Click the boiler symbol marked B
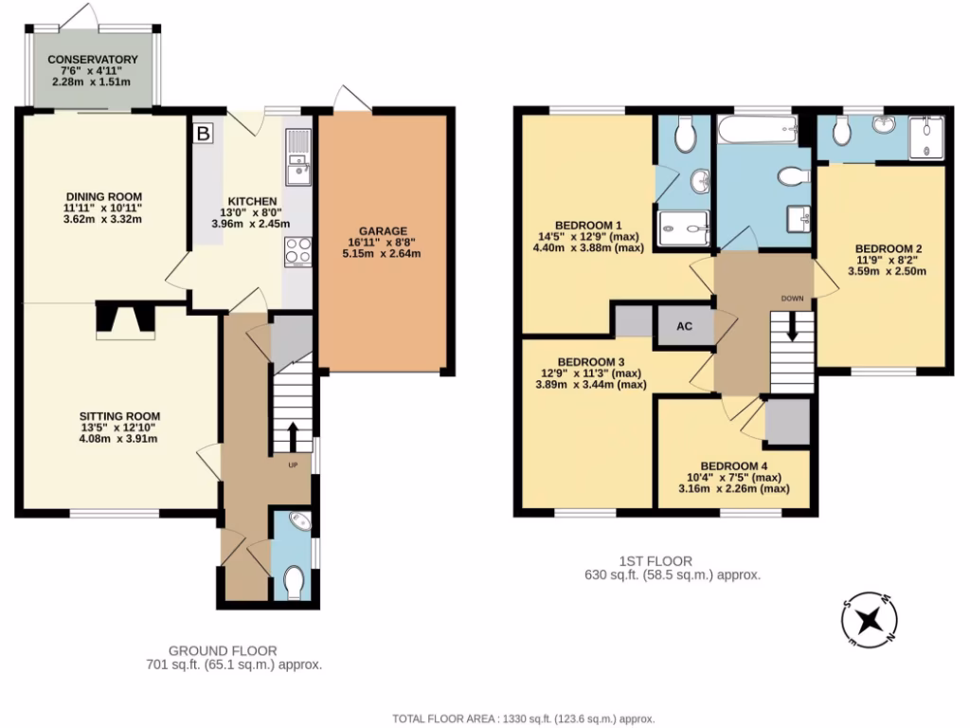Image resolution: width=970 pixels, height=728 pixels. [x=202, y=135]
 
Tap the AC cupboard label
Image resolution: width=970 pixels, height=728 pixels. [x=684, y=326]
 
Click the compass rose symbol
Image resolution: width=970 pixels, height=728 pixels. [x=869, y=621]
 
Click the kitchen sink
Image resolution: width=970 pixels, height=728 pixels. [x=297, y=159]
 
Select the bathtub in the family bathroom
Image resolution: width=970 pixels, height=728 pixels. [x=757, y=131]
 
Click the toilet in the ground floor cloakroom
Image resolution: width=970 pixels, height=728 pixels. [x=295, y=581]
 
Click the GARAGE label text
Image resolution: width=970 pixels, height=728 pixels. [x=383, y=231]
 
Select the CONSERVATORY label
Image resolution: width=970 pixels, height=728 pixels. [x=93, y=60]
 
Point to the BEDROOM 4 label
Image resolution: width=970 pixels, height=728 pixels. [x=734, y=465]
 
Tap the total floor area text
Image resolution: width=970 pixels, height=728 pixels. [x=524, y=719]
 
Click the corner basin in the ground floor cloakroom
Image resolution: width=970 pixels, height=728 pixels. [x=298, y=522]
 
